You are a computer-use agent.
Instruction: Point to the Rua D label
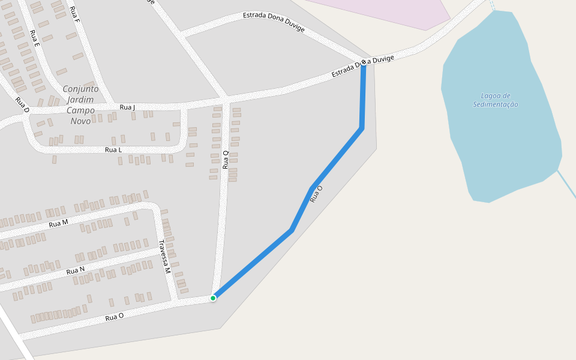point(22,105)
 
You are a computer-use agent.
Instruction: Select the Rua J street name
point(127,107)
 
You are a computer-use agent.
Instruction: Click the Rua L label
point(113,149)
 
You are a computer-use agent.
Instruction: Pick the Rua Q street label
point(226,160)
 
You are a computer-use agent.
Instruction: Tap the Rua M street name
point(58,223)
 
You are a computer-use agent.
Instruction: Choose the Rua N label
point(75,271)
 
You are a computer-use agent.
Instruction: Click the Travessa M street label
point(164,257)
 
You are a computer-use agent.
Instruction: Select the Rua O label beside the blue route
point(316,194)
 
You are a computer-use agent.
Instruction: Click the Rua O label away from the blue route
point(114,316)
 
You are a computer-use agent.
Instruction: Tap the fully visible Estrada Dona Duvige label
point(274,22)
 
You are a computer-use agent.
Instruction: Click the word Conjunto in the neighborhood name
point(80,89)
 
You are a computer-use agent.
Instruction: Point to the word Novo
point(80,121)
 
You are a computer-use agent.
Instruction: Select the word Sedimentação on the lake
point(495,104)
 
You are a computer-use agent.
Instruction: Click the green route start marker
point(213,298)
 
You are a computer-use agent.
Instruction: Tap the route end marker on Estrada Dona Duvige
point(364,62)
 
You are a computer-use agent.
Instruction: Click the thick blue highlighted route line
point(336,159)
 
